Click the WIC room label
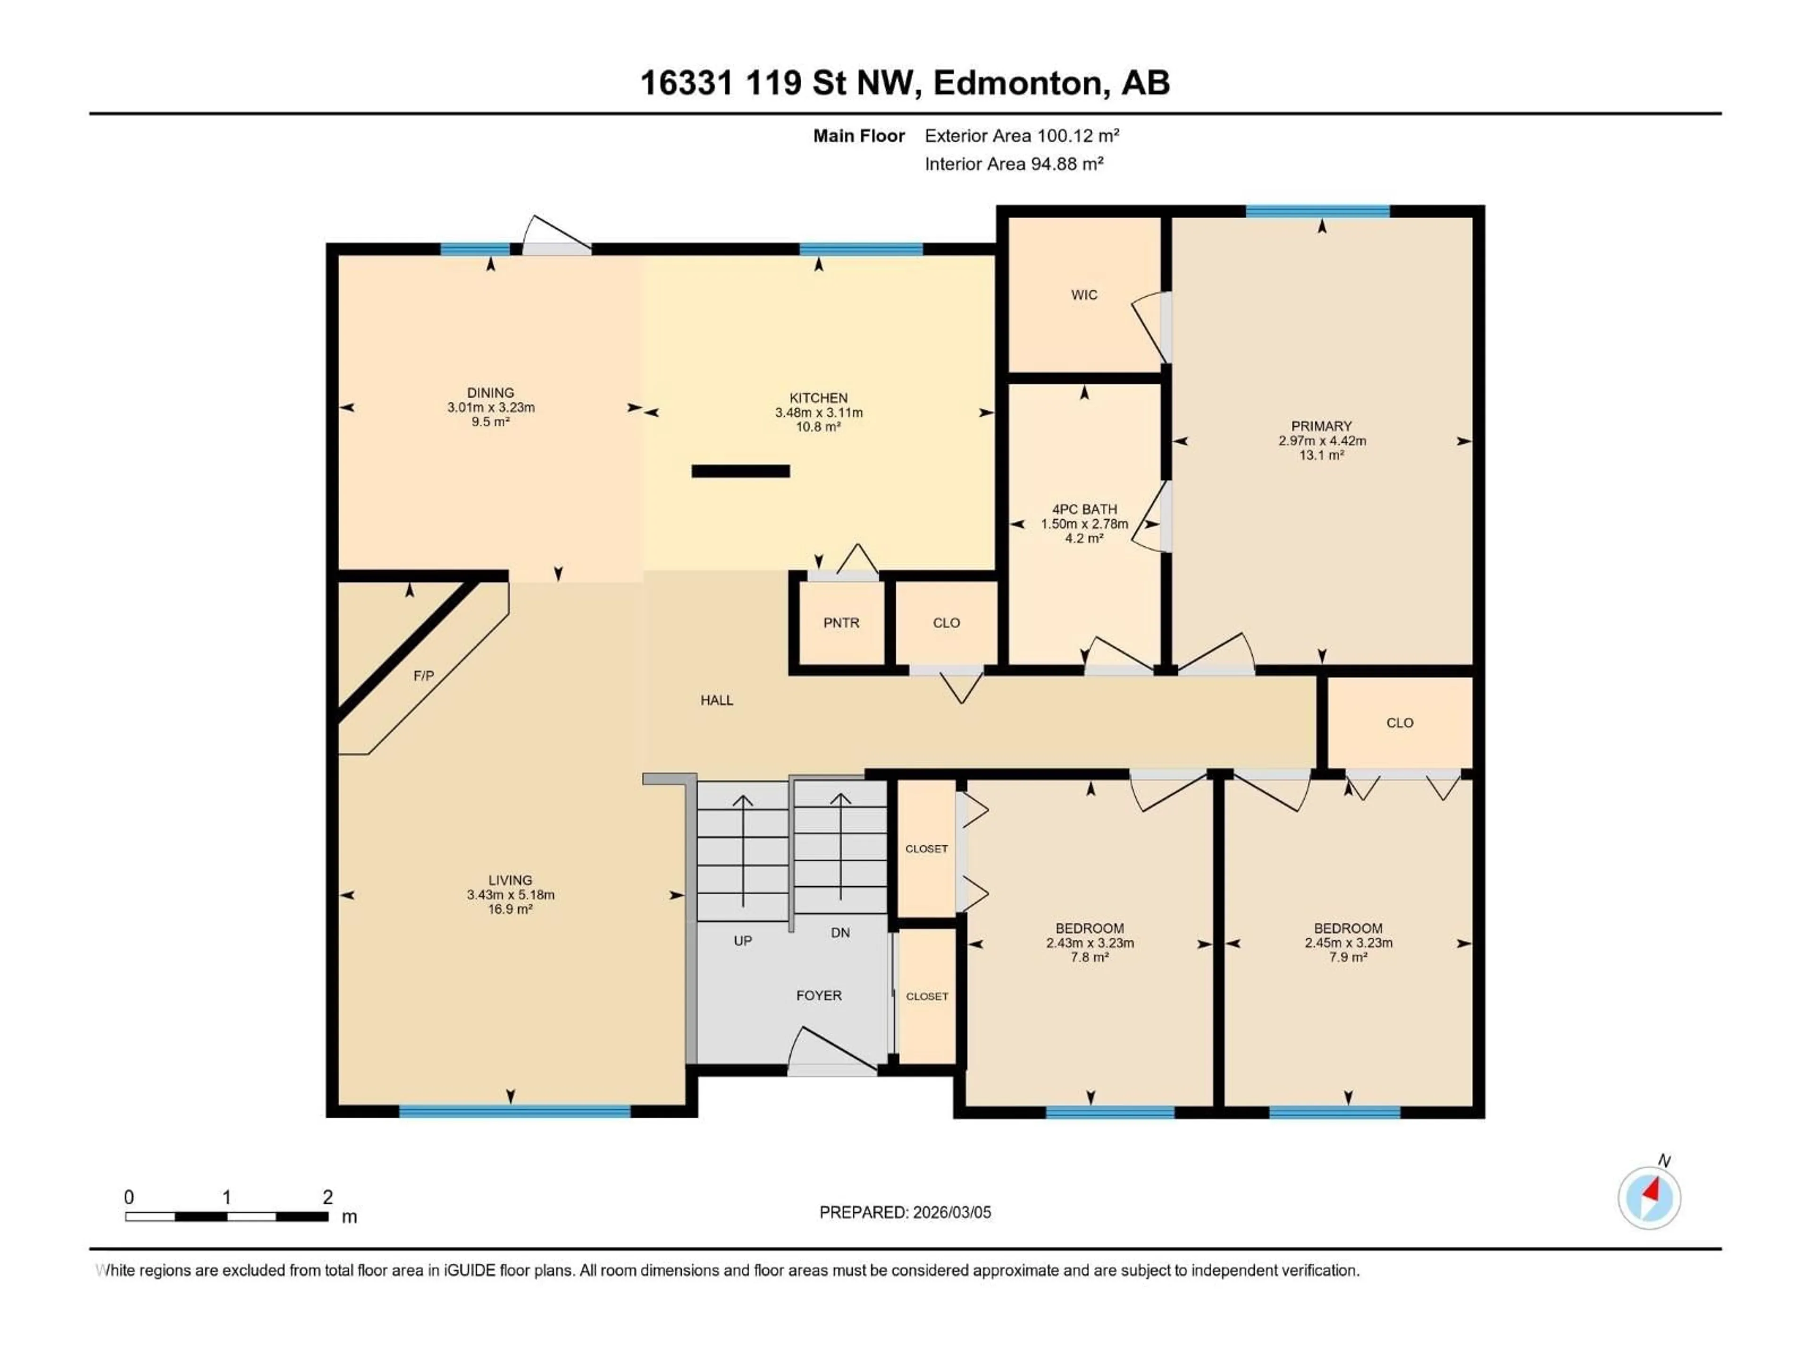(x=1084, y=295)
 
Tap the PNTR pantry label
(x=841, y=622)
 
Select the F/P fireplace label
(x=424, y=676)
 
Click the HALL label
(x=717, y=700)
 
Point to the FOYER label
(x=818, y=995)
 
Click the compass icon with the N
(x=1649, y=1198)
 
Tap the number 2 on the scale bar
(x=327, y=1197)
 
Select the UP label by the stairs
(x=742, y=940)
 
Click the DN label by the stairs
(x=839, y=932)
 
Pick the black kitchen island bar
(x=740, y=471)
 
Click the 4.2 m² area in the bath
(x=1084, y=538)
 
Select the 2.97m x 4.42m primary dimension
(x=1321, y=441)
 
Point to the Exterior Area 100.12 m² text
(x=1022, y=136)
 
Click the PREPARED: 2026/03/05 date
(x=905, y=1212)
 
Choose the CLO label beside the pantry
(x=946, y=622)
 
